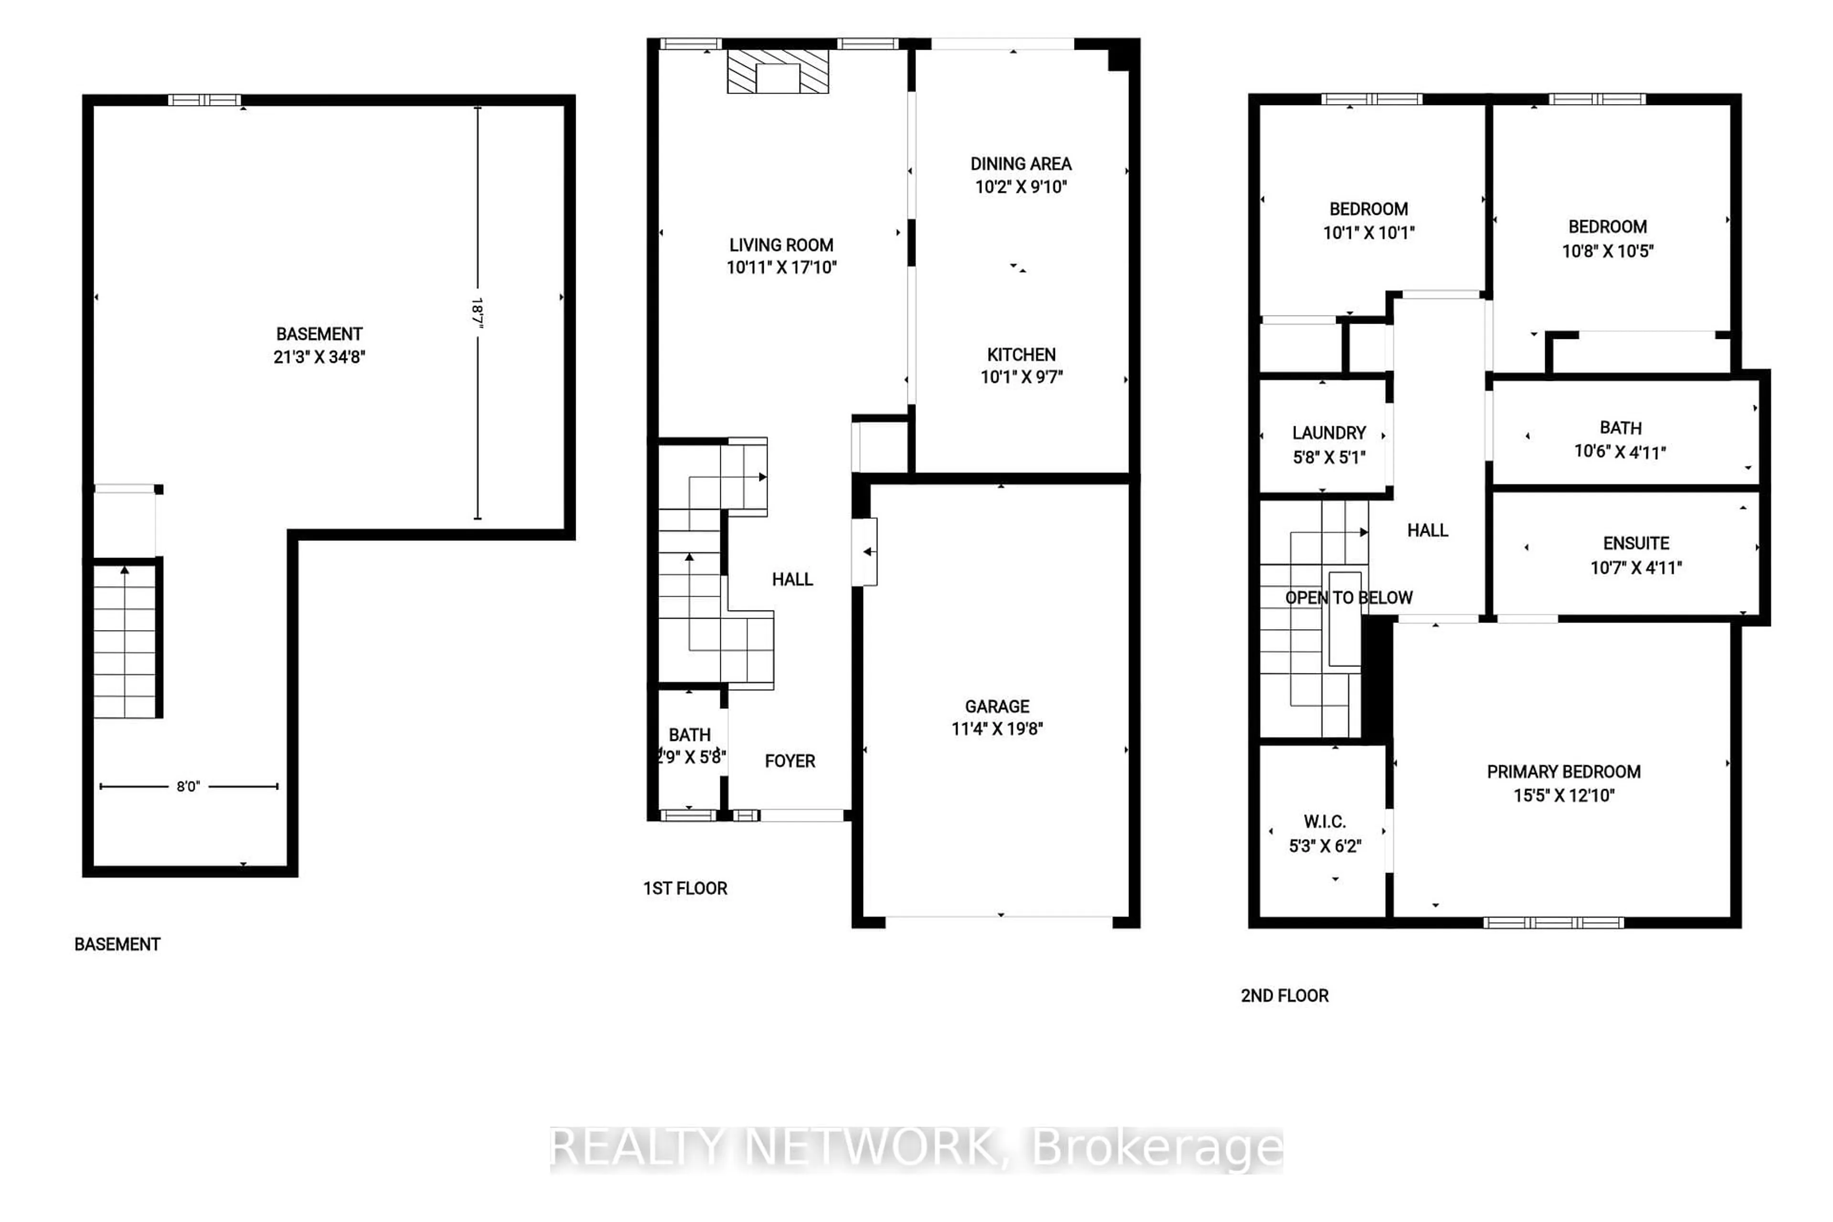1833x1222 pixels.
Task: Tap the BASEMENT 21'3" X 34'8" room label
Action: point(319,345)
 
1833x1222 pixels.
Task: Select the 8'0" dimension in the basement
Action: point(188,786)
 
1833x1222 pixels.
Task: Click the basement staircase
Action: point(124,641)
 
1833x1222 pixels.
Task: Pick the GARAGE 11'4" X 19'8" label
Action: point(997,717)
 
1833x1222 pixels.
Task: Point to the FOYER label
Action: point(790,760)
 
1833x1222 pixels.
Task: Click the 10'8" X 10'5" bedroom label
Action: point(1607,239)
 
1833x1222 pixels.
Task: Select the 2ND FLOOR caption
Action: point(1285,995)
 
